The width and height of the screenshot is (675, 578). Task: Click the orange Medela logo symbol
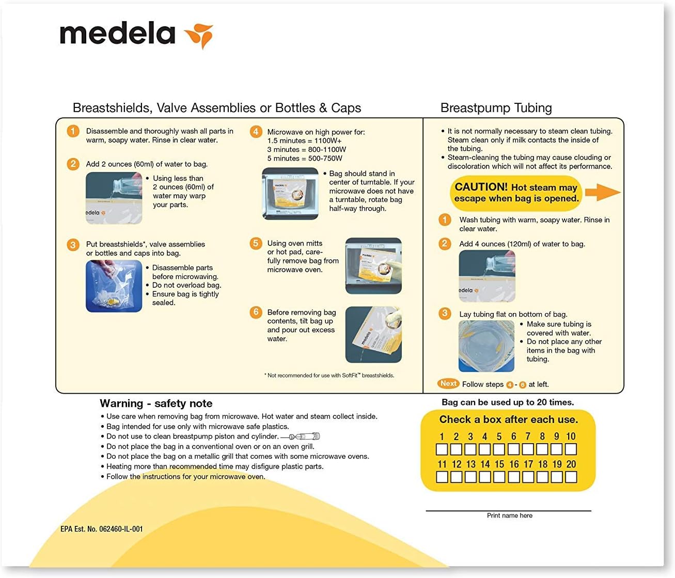(199, 35)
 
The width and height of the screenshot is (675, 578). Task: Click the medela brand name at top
(118, 34)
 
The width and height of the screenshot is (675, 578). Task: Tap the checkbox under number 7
(528, 449)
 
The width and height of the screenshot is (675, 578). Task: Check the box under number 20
(571, 477)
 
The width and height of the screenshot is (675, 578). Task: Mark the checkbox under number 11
(442, 477)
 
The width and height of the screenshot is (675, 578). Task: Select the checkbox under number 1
(442, 449)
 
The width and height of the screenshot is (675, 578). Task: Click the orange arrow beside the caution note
(602, 192)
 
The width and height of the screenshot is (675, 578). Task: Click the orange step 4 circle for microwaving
(256, 132)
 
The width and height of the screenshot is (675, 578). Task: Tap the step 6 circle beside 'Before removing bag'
(256, 312)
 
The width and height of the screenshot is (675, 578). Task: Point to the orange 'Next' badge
(448, 383)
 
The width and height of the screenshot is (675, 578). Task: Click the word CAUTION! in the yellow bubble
(481, 187)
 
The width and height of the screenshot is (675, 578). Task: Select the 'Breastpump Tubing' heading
(496, 108)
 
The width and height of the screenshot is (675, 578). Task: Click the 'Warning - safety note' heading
(156, 403)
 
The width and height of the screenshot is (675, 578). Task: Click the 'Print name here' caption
(509, 515)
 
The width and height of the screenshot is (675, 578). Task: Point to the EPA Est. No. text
(102, 529)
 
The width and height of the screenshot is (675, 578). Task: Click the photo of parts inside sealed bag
(114, 286)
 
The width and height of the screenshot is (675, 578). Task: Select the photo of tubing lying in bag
(486, 346)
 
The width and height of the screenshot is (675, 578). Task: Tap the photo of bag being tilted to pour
(373, 334)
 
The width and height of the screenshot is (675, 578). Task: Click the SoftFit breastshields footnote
(329, 376)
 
